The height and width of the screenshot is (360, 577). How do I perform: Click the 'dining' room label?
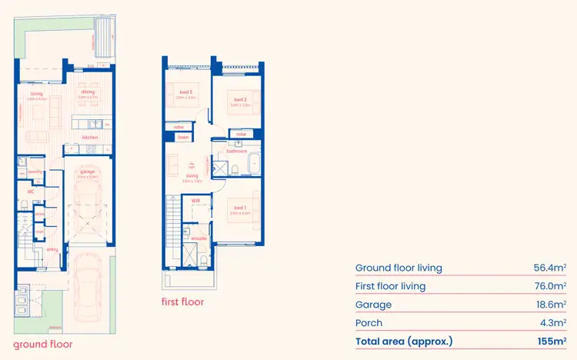87,92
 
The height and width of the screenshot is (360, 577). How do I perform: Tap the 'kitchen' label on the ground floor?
91,138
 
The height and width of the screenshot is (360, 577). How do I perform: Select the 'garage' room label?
88,172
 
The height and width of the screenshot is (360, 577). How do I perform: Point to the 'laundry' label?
35,172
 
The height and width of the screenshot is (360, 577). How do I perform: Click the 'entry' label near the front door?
52,249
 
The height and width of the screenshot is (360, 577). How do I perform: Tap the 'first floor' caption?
182,302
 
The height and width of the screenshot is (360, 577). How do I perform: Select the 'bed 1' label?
240,208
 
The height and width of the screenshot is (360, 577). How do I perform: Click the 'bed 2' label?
240,99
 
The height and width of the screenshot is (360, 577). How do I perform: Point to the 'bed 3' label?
182,93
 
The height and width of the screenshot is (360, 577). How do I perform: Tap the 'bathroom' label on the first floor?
236,152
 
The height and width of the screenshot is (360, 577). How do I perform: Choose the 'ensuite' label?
198,238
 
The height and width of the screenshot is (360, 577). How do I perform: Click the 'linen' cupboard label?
182,137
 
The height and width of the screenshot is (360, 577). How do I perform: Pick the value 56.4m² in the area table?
549,268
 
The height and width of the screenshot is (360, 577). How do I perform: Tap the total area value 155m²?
551,341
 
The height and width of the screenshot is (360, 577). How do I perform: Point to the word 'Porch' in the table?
369,323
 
